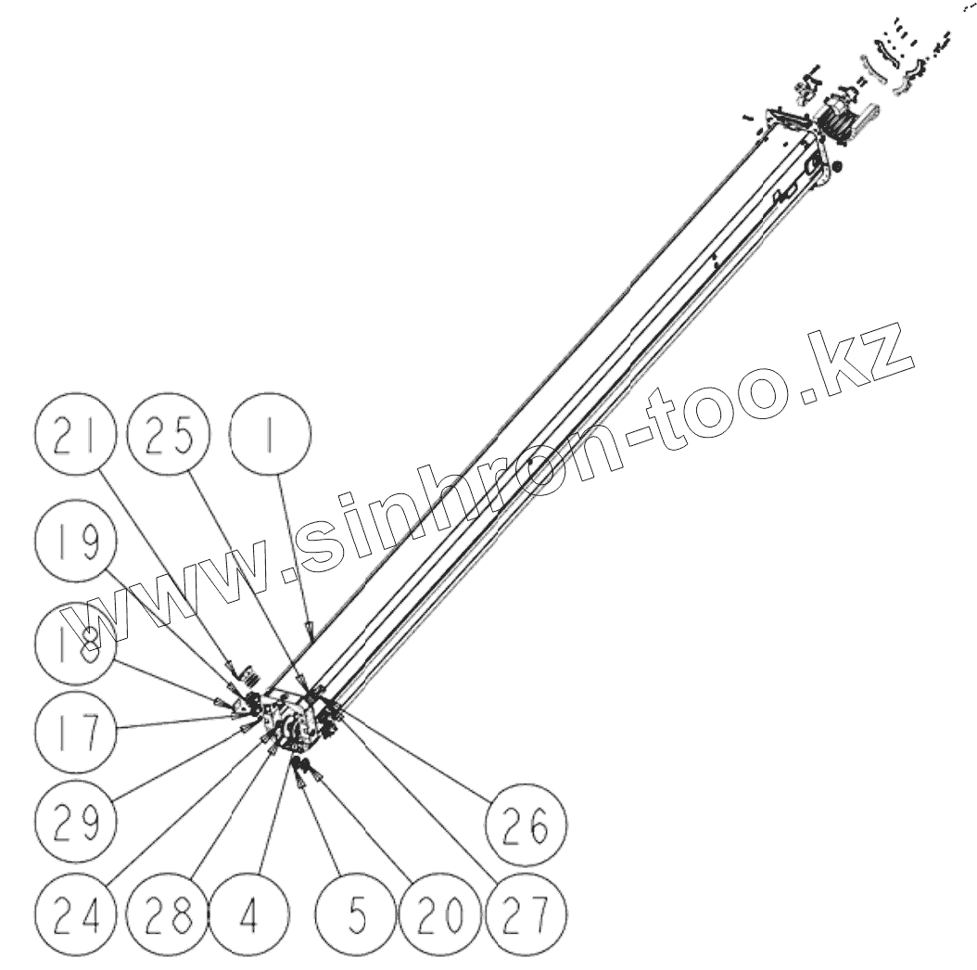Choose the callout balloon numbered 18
(74, 646)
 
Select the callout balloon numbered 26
(527, 823)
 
